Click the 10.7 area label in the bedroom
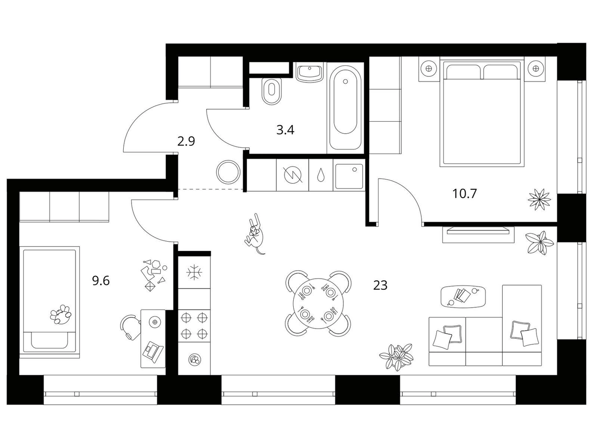(x=464, y=194)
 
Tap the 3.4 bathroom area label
(x=285, y=130)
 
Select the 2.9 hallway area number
(x=186, y=141)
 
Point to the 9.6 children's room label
(x=101, y=281)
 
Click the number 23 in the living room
(x=380, y=285)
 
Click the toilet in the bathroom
(x=272, y=92)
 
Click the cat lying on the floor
(x=254, y=234)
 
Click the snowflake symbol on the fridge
(x=194, y=273)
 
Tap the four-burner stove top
(x=194, y=326)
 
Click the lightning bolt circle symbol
(x=293, y=175)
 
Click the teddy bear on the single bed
(x=61, y=314)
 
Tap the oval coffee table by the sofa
(x=463, y=296)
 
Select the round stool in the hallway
(x=228, y=172)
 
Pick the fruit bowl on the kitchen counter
(x=194, y=360)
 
